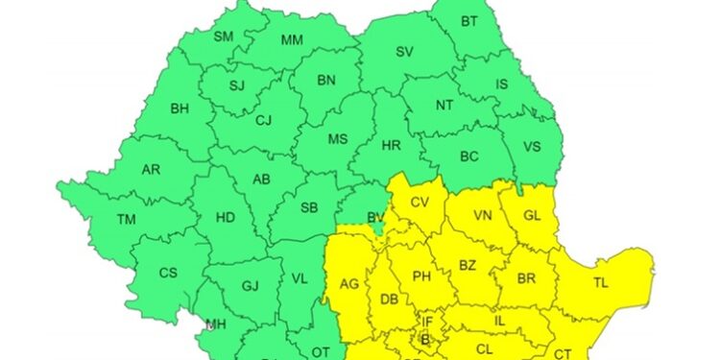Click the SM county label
pyautogui.click(x=223, y=37)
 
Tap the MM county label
pyautogui.click(x=293, y=40)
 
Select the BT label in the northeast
pyautogui.click(x=468, y=21)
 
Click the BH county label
pyautogui.click(x=180, y=109)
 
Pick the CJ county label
pyautogui.click(x=263, y=120)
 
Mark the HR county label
pyautogui.click(x=391, y=146)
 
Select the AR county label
pyautogui.click(x=151, y=170)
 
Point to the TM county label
pyautogui.click(x=127, y=220)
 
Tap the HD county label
pyautogui.click(x=225, y=218)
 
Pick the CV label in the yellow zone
pyautogui.click(x=420, y=204)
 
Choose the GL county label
pyautogui.click(x=532, y=216)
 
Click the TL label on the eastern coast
pyautogui.click(x=600, y=283)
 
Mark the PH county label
pyautogui.click(x=420, y=276)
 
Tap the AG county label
pyautogui.click(x=348, y=284)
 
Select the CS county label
pyautogui.click(x=168, y=273)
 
